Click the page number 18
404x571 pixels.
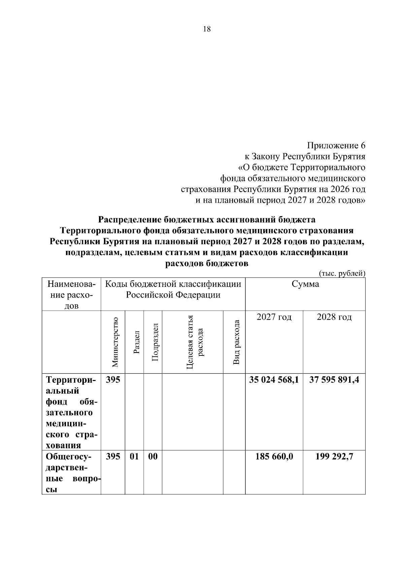(207, 29)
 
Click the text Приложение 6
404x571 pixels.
(336, 146)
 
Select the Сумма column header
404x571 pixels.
(305, 284)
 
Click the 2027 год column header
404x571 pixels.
(274, 317)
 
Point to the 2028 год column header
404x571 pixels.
(334, 317)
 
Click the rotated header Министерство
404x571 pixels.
(115, 342)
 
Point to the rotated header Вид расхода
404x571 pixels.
(236, 342)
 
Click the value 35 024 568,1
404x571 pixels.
(274, 380)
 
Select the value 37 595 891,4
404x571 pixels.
(334, 380)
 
